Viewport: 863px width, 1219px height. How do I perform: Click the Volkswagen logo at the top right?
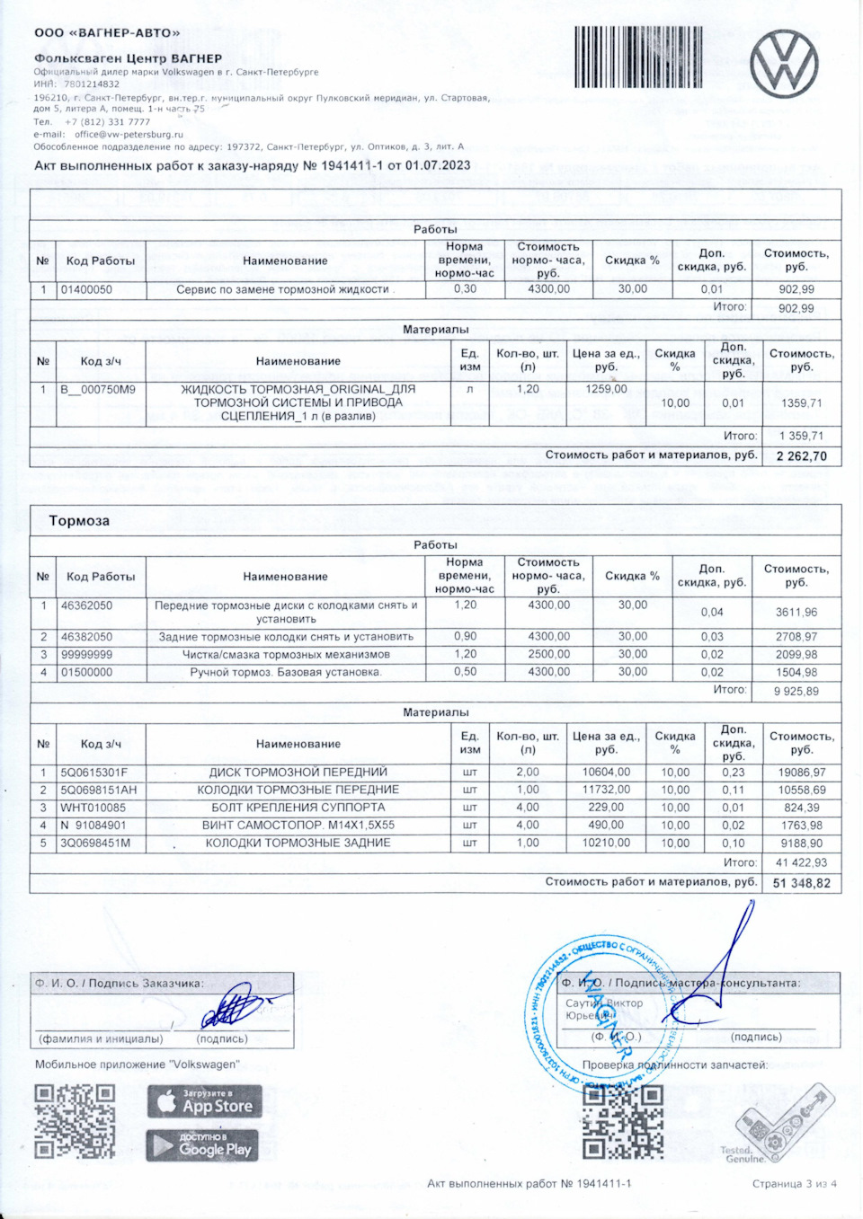click(x=784, y=63)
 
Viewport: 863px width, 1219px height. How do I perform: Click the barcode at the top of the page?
click(x=638, y=57)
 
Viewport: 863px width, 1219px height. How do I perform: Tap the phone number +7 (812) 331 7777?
click(x=107, y=122)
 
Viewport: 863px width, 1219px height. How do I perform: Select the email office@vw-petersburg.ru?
click(x=129, y=135)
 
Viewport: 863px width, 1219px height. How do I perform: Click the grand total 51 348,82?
click(x=801, y=883)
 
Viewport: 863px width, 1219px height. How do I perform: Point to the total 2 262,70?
click(x=801, y=456)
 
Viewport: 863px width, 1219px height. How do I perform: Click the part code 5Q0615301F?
click(x=94, y=773)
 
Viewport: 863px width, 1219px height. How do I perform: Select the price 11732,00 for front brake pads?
click(x=606, y=790)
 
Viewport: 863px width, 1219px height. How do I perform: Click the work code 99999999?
click(x=87, y=655)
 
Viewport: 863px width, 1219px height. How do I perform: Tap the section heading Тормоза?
click(x=79, y=521)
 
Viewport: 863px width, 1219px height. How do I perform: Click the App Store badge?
click(x=204, y=1102)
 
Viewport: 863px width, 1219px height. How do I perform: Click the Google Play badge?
click(x=204, y=1147)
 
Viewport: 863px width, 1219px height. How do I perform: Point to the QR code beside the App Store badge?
click(x=75, y=1121)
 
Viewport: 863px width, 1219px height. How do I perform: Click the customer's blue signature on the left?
click(x=236, y=1006)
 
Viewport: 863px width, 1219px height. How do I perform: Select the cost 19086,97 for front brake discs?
click(x=802, y=773)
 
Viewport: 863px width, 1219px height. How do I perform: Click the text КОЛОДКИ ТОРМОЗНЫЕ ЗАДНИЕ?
click(x=298, y=843)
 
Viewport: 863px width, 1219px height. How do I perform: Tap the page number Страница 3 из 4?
click(x=794, y=1184)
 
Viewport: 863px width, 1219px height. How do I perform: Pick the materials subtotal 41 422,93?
click(x=801, y=863)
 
